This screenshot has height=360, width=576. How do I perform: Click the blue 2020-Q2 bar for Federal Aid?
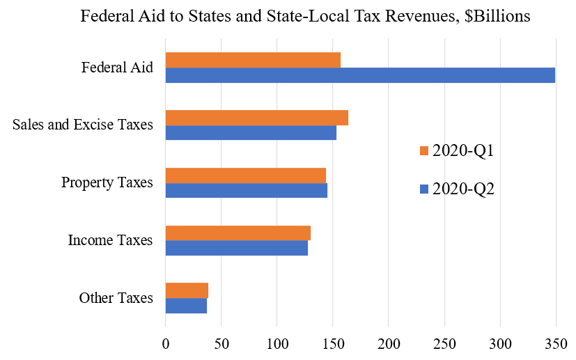click(360, 75)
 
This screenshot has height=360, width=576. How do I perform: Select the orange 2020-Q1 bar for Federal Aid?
click(253, 61)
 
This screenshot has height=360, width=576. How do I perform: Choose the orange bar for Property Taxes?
click(245, 175)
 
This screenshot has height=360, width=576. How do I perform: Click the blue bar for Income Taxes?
click(236, 248)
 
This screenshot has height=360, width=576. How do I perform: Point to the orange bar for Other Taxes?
click(187, 290)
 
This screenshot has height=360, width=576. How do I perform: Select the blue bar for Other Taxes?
click(186, 305)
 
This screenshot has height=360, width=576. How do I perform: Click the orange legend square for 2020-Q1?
click(423, 151)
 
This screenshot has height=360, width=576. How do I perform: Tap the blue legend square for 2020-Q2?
click(423, 189)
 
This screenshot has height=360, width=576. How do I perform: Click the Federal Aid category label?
click(117, 68)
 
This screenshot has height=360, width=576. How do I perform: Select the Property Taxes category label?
click(107, 183)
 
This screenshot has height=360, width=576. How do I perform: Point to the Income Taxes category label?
click(110, 241)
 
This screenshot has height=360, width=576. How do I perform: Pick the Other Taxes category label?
click(116, 299)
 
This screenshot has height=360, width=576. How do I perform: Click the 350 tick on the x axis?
click(556, 343)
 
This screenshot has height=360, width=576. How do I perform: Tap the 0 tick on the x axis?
click(165, 343)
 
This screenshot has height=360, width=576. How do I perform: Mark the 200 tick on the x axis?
click(389, 343)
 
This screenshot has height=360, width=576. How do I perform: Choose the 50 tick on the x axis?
click(221, 343)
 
